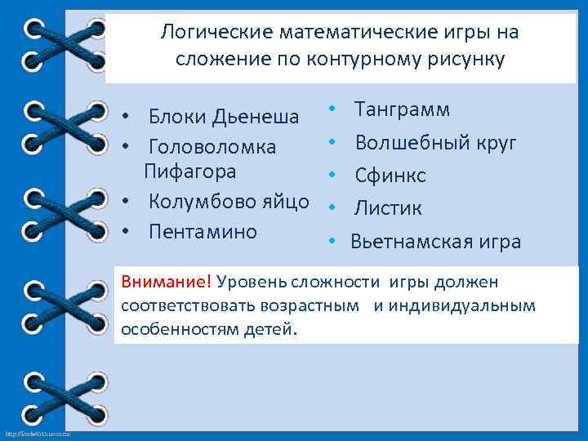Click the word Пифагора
point(190,172)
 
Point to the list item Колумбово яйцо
point(229,202)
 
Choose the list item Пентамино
point(203,231)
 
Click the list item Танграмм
point(401,109)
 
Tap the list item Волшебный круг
point(435,143)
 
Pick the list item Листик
point(388,208)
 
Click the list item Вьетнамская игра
point(435,242)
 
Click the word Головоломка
point(212,149)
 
